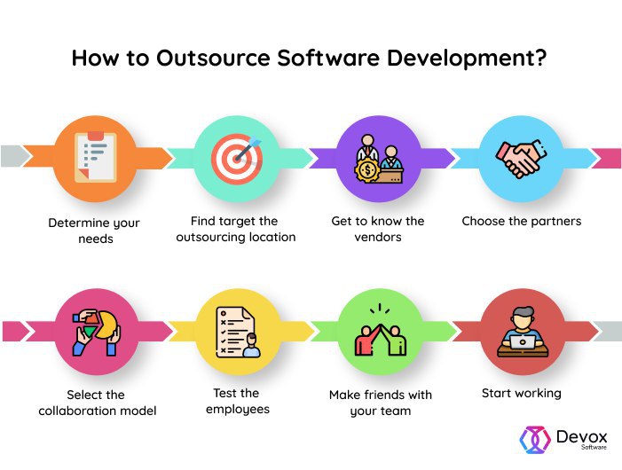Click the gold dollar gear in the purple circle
pyautogui.click(x=368, y=171)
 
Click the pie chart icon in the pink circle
pyautogui.click(x=96, y=325)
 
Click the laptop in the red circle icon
pyautogui.click(x=521, y=340)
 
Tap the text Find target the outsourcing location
pyautogui.click(x=235, y=229)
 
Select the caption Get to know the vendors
pyautogui.click(x=378, y=229)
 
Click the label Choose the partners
pyautogui.click(x=522, y=221)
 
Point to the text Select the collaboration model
pyautogui.click(x=96, y=403)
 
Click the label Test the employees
pyautogui.click(x=236, y=401)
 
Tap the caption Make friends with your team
pyautogui.click(x=378, y=403)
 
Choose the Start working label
pyautogui.click(x=522, y=393)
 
